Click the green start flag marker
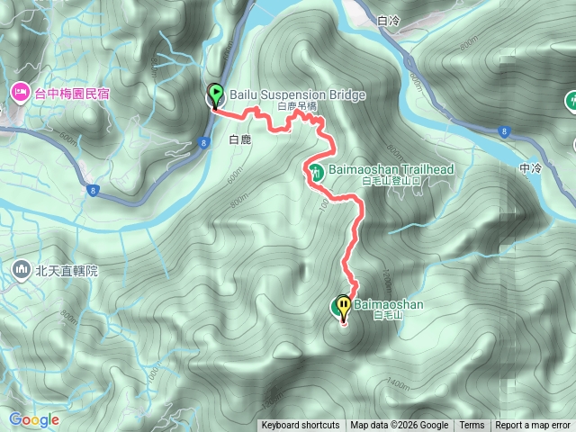click(216, 94)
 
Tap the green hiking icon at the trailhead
click(316, 172)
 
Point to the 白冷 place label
click(389, 20)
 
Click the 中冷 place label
click(532, 167)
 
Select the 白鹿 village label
click(239, 139)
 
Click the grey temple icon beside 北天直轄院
click(21, 269)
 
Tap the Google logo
click(34, 419)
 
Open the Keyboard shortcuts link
click(301, 426)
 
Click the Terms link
click(472, 426)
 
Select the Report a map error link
click(533, 426)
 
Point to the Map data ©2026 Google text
click(400, 426)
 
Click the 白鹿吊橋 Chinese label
click(298, 106)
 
